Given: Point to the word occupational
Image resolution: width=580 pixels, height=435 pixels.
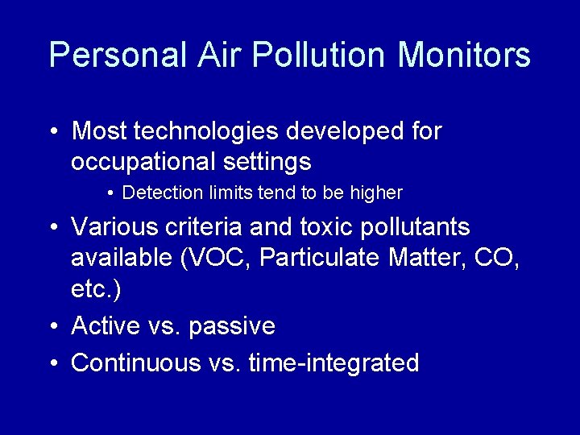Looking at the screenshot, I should tap(141, 163).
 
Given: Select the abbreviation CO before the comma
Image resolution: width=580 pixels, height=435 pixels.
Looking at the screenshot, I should tap(497, 259).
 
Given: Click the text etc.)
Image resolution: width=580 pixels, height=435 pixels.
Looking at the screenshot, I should tap(97, 290).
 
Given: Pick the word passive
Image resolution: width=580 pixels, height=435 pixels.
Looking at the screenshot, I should tap(231, 326).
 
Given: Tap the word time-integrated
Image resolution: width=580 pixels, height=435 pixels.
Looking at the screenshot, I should tap(333, 362).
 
